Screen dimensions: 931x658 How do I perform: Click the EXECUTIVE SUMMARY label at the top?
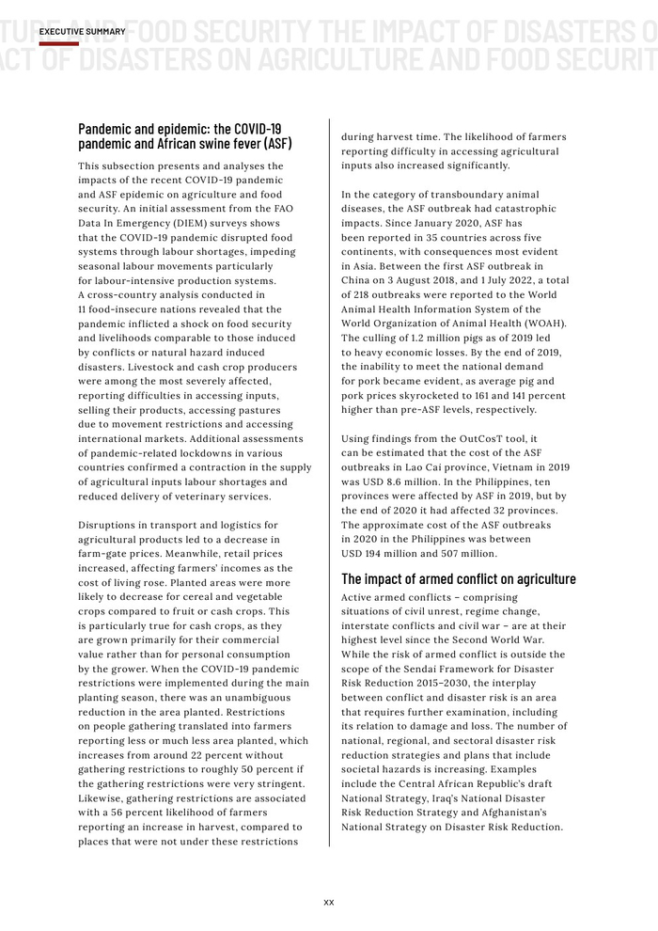83,32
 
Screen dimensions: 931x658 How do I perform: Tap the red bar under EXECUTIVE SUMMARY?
58,43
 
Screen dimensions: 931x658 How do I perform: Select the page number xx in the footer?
329,902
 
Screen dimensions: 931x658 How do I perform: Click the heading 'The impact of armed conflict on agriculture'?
458,578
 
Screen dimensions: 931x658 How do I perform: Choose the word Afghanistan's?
523,812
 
